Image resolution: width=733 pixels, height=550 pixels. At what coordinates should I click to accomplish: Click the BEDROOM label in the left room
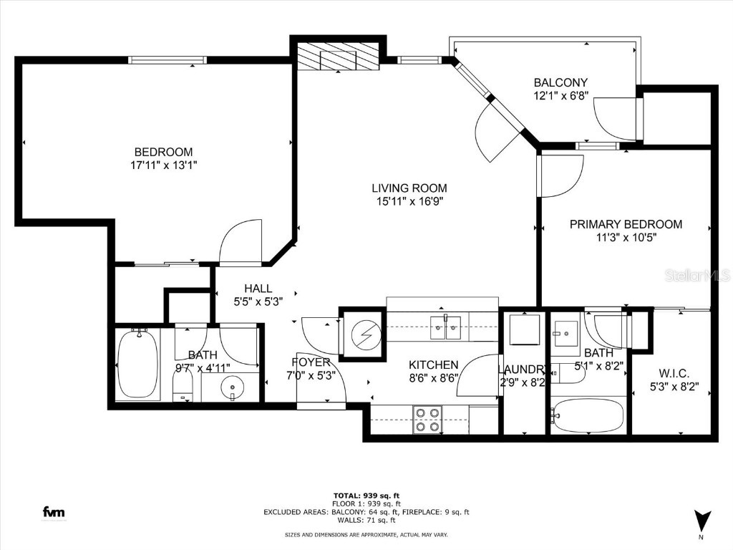coord(163,152)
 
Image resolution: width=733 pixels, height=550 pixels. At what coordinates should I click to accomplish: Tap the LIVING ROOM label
coord(409,188)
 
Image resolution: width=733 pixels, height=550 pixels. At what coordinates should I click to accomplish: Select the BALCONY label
coord(560,82)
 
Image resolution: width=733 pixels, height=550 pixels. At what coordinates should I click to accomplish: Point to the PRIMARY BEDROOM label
coord(626,224)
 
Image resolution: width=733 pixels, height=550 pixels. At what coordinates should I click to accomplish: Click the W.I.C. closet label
coord(673,374)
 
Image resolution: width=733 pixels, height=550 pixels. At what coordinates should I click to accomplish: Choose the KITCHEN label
coord(433,365)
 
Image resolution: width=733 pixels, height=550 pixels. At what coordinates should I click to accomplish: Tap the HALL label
coord(253,289)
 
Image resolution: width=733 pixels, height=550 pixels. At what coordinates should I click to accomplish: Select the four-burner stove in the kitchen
coord(427,420)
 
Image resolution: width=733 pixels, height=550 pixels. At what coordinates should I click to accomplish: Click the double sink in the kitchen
coord(447,328)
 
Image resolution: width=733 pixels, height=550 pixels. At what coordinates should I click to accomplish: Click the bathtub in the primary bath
coord(589,416)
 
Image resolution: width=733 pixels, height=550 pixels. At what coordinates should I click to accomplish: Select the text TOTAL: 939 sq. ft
coord(366,496)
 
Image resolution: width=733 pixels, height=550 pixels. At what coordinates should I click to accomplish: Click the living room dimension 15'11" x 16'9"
coord(409,201)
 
